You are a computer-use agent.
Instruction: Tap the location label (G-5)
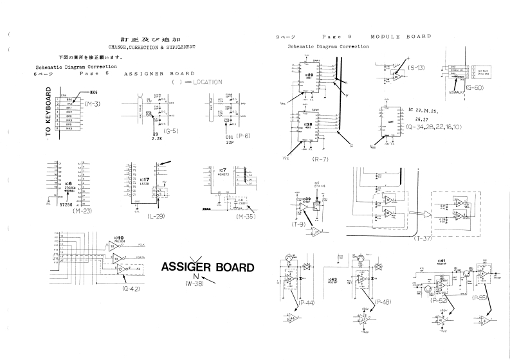(x=170, y=130)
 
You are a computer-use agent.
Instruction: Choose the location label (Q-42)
(x=132, y=288)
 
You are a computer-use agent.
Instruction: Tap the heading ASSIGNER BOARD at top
(x=159, y=73)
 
